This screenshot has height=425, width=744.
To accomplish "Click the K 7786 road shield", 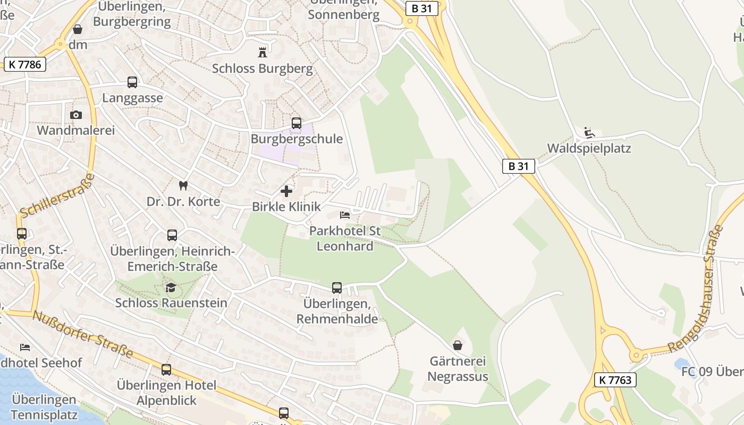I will (25, 64).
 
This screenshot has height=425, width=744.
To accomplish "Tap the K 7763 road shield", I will (615, 379).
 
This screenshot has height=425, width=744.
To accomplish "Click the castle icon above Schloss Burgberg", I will (262, 52).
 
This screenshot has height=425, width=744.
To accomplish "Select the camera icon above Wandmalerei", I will (75, 115).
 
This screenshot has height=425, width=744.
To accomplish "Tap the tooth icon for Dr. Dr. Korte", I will (183, 185).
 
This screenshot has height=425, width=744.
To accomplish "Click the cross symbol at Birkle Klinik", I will (286, 191).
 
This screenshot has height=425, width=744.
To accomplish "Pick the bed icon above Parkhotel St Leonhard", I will (345, 215).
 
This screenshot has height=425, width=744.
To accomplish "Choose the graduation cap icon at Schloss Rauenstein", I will (171, 287).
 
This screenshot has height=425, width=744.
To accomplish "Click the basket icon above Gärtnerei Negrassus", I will (458, 345).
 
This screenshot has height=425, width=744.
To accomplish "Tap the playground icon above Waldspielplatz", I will (589, 132).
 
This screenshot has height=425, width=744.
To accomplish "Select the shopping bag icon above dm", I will (78, 29).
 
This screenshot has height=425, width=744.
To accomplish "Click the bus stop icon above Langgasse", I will (132, 82).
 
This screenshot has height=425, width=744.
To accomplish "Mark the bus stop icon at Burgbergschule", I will (297, 123).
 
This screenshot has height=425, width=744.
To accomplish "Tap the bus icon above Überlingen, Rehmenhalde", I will (337, 287).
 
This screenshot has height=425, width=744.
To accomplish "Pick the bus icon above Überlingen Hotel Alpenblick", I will (166, 369).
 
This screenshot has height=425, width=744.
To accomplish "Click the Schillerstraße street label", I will (56, 195).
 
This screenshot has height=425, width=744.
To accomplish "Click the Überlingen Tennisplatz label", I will (44, 407).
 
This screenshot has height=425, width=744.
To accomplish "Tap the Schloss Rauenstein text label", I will (171, 303).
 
